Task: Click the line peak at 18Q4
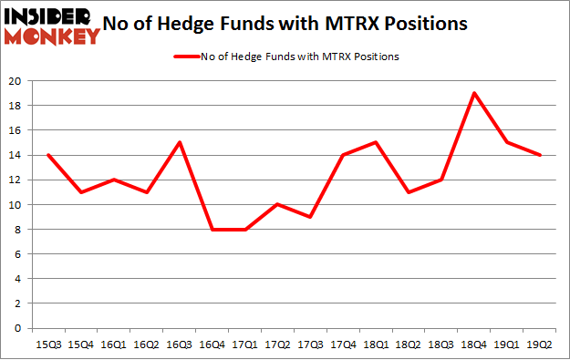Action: point(474,93)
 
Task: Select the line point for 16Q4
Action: point(213,229)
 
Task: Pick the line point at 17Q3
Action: point(311,217)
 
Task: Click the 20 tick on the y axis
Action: point(17,81)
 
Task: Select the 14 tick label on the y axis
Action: point(17,155)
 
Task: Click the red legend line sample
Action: point(191,57)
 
